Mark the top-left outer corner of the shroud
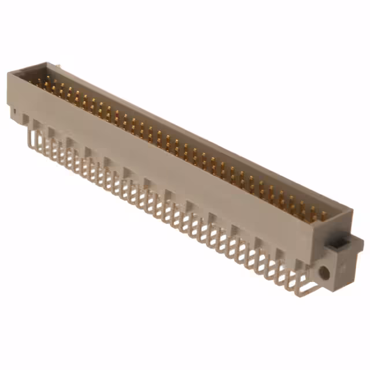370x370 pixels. pyautogui.click(x=8, y=73)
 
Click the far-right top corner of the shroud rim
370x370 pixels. pyautogui.click(x=352, y=211)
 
